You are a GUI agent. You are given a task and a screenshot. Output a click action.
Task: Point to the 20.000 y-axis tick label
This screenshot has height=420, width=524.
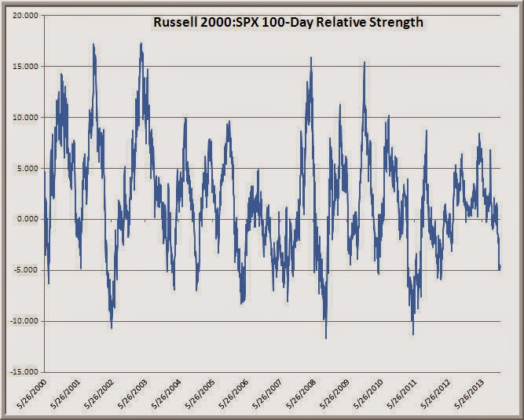[x=25, y=16]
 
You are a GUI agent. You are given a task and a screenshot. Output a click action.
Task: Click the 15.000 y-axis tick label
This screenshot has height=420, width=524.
[x=25, y=67]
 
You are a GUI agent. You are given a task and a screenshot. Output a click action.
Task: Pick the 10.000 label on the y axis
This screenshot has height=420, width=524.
[x=25, y=117]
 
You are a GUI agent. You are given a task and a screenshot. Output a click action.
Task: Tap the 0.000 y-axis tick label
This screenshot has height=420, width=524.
[x=27, y=219]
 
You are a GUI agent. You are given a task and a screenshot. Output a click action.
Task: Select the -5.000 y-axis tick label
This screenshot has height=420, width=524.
[x=26, y=270]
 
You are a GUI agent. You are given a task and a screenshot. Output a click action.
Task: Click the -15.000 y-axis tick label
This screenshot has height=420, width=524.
[x=24, y=372]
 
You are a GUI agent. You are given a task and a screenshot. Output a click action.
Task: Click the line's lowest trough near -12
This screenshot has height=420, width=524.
[x=326, y=338]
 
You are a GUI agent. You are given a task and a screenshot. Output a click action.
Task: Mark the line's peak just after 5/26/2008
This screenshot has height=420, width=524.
[x=311, y=57]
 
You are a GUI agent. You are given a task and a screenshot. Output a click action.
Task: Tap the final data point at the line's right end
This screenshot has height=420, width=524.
[x=500, y=268]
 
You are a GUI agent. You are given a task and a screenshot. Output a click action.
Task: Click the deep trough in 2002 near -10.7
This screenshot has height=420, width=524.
[x=112, y=328]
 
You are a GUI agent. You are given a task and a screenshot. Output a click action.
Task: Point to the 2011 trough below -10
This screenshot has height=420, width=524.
[x=413, y=334]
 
